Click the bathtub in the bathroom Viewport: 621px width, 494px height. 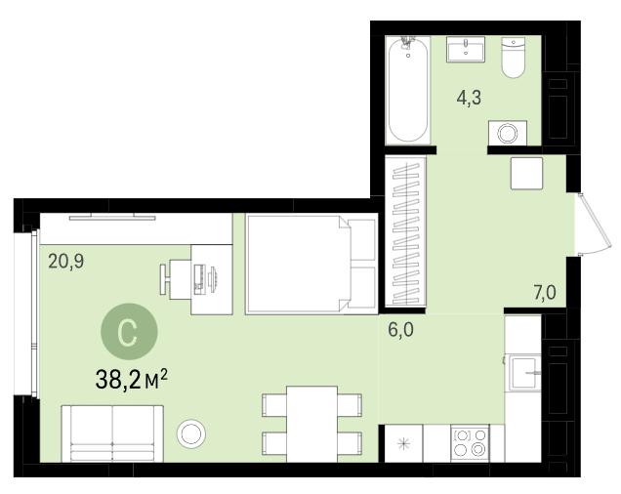[x=408, y=90]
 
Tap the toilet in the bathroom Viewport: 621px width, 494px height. [x=514, y=58]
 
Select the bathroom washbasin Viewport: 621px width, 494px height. [x=466, y=50]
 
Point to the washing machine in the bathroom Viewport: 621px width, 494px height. [x=508, y=133]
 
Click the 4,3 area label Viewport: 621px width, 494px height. [x=469, y=98]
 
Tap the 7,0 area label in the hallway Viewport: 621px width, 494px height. [x=545, y=293]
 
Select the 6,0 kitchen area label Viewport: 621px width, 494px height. [x=400, y=330]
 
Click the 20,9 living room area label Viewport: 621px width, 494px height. [x=66, y=262]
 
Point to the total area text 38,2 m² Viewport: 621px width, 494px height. [x=132, y=379]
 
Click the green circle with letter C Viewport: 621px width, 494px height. [x=129, y=332]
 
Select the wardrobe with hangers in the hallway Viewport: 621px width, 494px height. [x=405, y=231]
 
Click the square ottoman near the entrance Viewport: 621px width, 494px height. [x=526, y=173]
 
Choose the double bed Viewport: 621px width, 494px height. [x=311, y=265]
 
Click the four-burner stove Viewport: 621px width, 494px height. [x=470, y=443]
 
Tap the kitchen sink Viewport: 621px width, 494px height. [x=524, y=373]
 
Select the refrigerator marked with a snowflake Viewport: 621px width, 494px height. [x=403, y=443]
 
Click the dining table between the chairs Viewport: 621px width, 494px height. [x=312, y=425]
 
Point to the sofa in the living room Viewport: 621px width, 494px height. [x=112, y=433]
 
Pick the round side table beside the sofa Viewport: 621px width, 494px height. [x=191, y=433]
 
